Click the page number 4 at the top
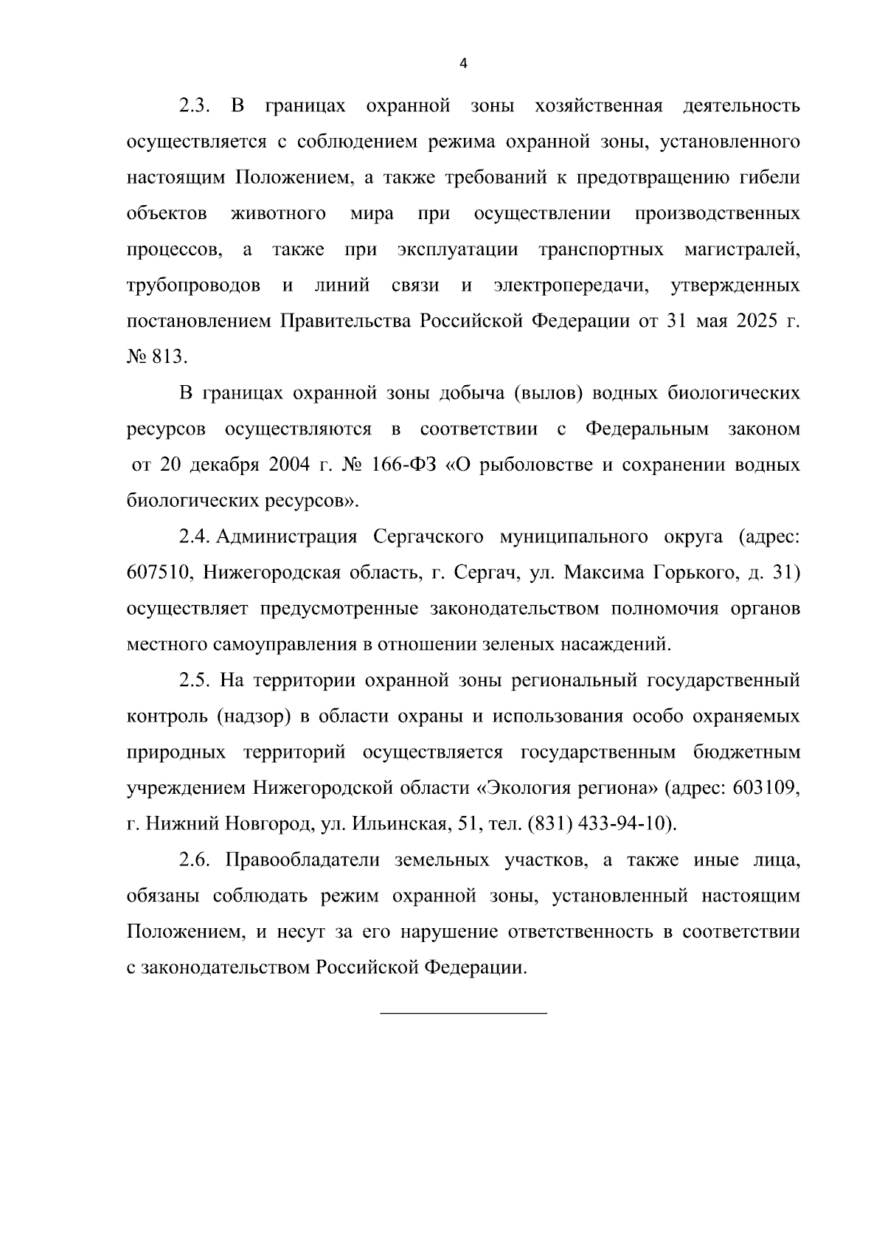(x=463, y=64)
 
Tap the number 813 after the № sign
(x=167, y=357)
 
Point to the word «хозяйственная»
(x=597, y=106)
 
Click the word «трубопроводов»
(x=193, y=286)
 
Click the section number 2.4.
(x=195, y=536)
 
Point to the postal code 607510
(x=156, y=573)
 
